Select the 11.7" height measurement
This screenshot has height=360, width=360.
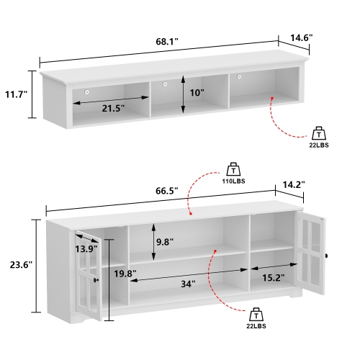pyautogui.click(x=15, y=94)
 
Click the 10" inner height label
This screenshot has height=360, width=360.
pyautogui.click(x=196, y=94)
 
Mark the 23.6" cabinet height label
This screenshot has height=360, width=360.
pyautogui.click(x=16, y=265)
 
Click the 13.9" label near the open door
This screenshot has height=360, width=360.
pyautogui.click(x=86, y=248)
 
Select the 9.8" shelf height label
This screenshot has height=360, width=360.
pyautogui.click(x=165, y=242)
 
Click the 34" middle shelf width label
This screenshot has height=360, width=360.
pyautogui.click(x=188, y=284)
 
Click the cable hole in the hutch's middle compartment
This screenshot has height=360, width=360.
pyautogui.click(x=165, y=85)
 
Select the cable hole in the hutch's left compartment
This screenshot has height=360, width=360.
pyautogui.click(x=87, y=91)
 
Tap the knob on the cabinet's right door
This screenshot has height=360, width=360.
pyautogui.click(x=326, y=256)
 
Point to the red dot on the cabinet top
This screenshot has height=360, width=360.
pyautogui.click(x=190, y=213)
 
